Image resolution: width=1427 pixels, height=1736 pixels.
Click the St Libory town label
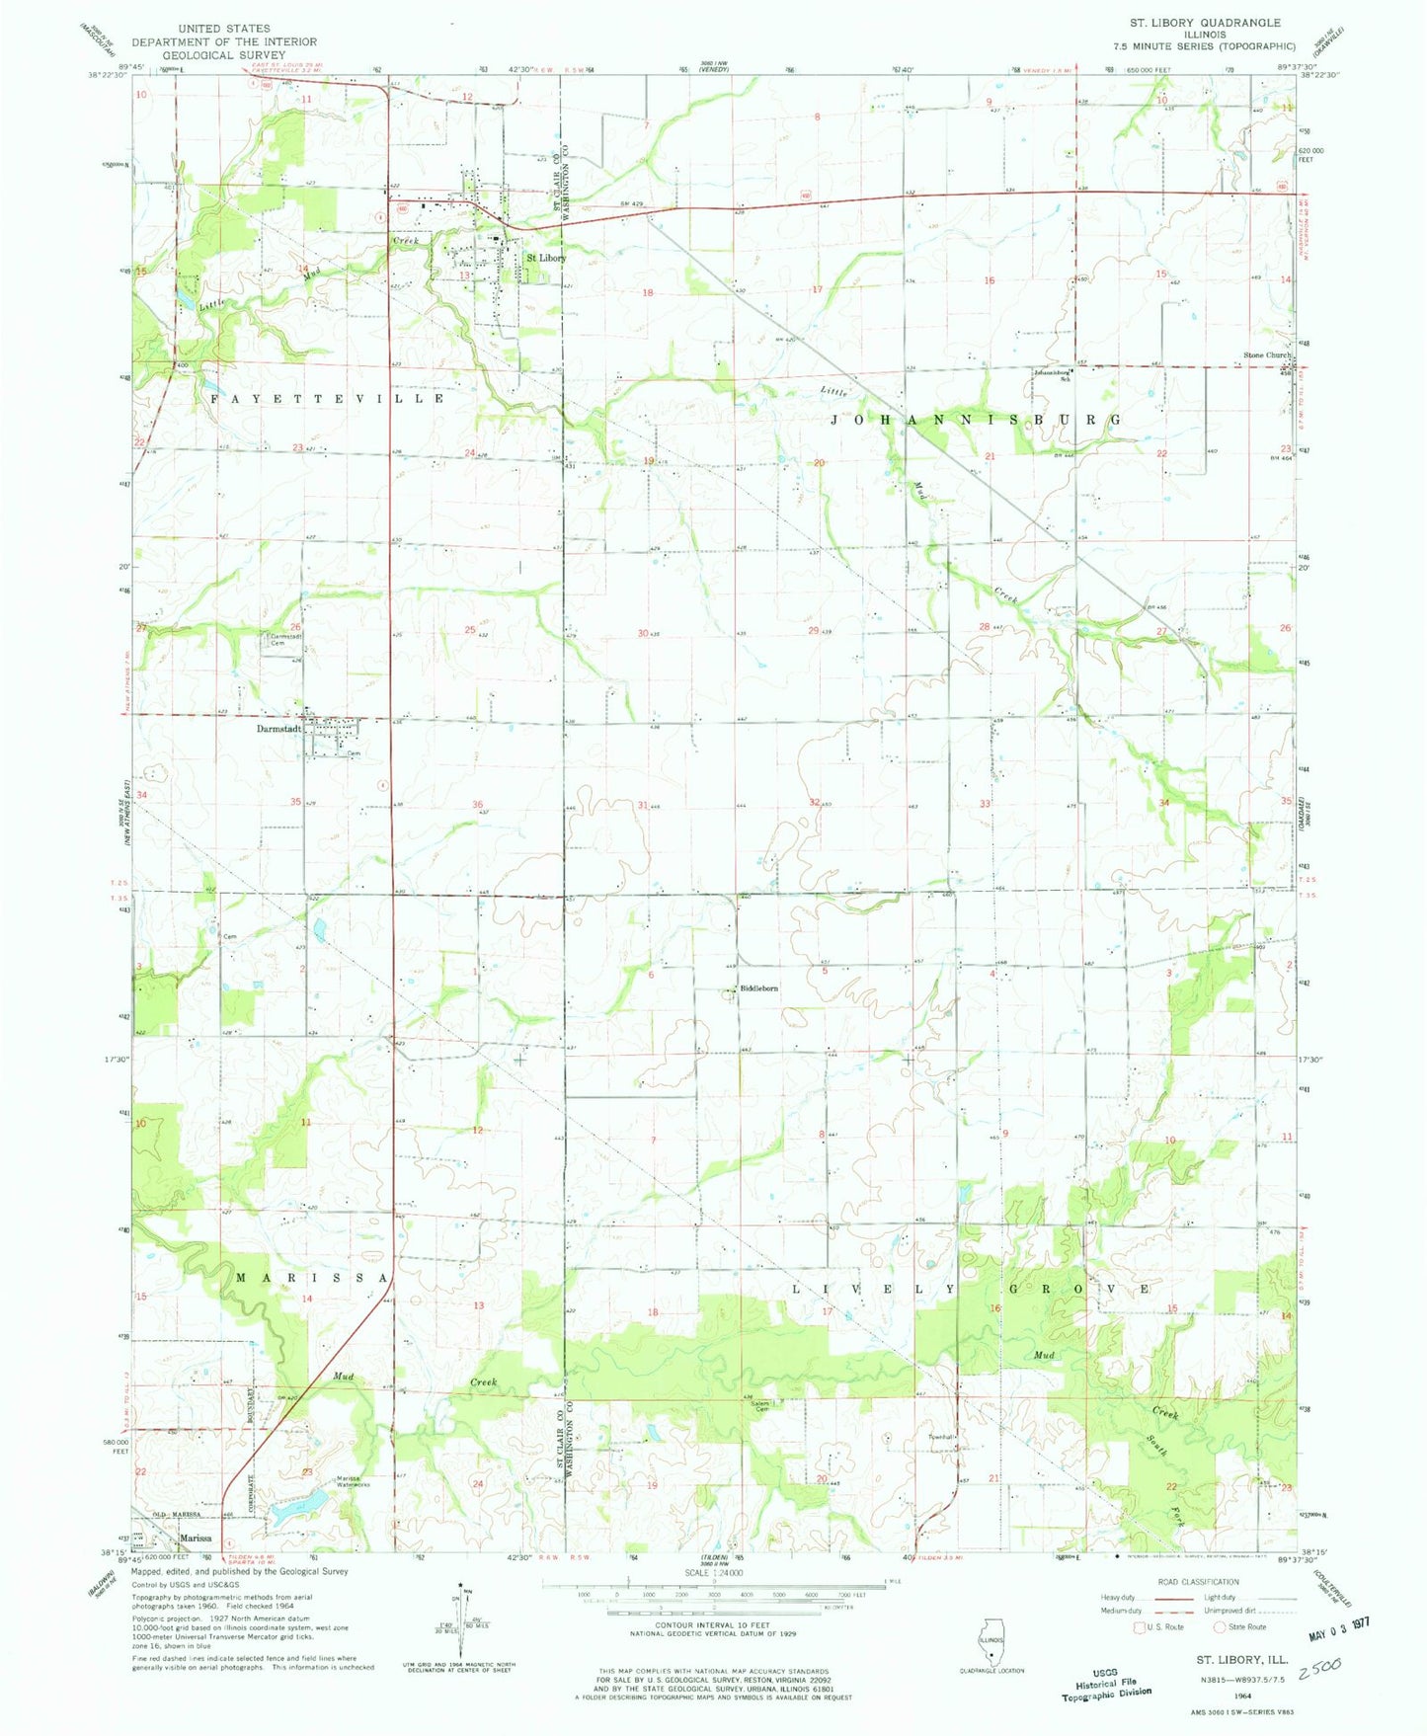coord(545,258)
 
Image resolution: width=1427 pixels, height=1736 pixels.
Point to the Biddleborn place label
coord(759,988)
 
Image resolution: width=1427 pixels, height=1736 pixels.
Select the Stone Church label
coord(1267,355)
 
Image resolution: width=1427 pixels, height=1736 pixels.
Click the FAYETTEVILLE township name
coord(328,398)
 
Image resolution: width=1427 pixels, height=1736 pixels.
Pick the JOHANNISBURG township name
coord(975,420)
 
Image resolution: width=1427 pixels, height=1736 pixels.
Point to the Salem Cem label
coord(759,1406)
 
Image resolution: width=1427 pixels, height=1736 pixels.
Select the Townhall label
coord(939,1437)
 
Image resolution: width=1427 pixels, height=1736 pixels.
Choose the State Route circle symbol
coord(1220,1626)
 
